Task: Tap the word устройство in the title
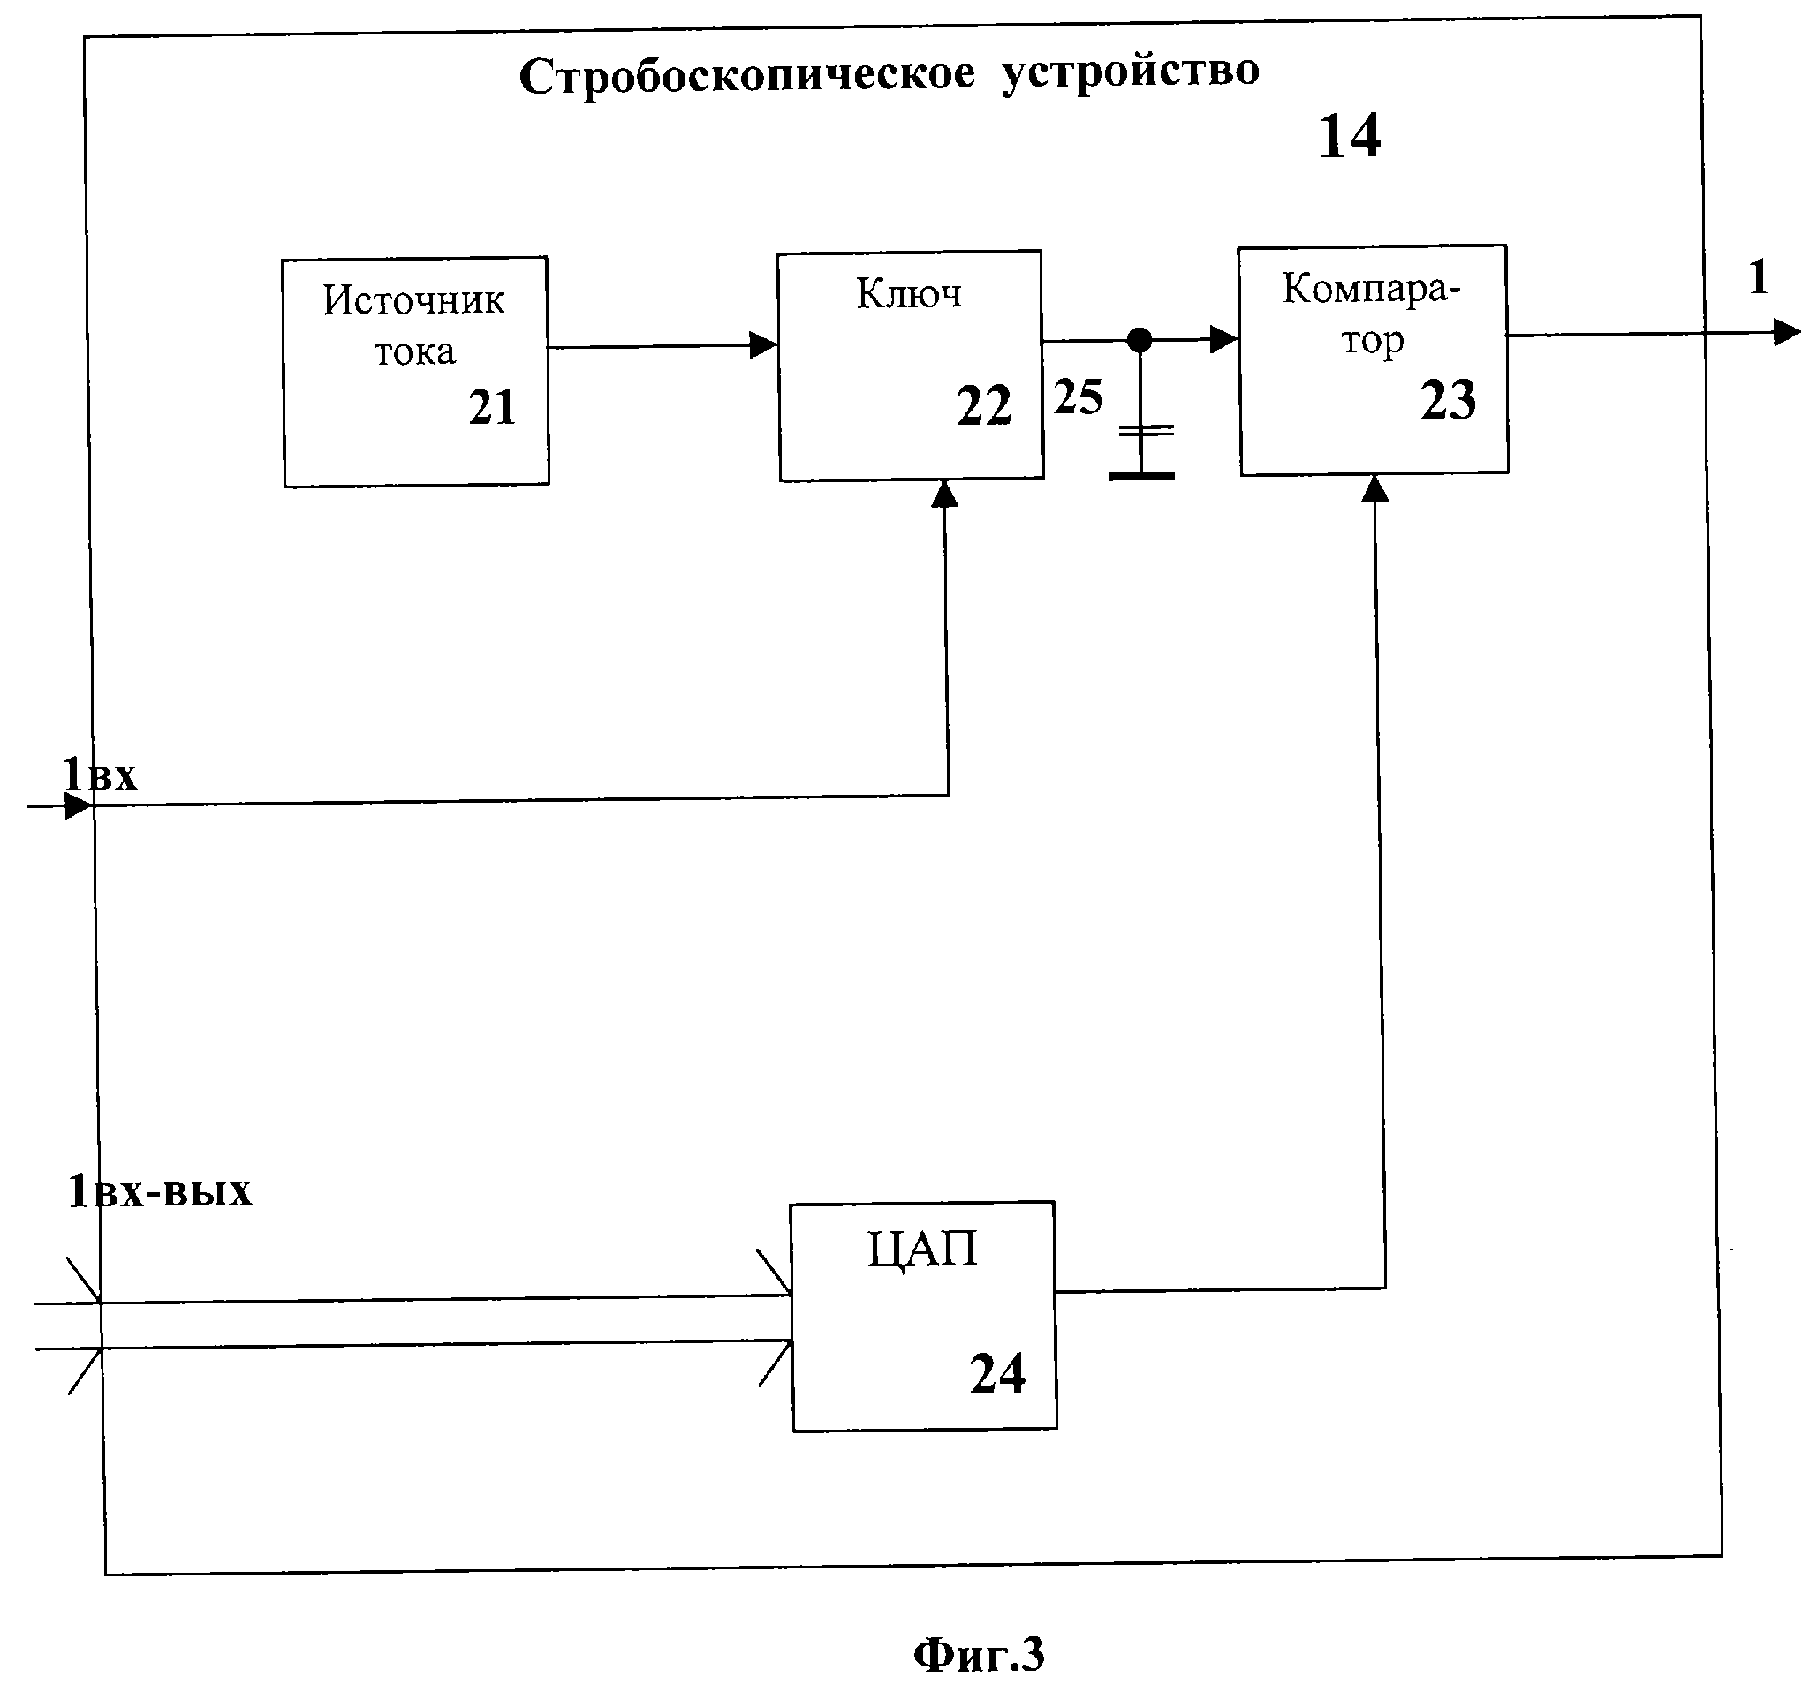click(x=1130, y=72)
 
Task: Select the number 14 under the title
click(x=1349, y=137)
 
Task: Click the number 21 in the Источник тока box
click(x=493, y=407)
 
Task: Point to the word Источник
click(x=413, y=300)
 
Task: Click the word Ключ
click(x=908, y=294)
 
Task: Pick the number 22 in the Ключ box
click(x=984, y=406)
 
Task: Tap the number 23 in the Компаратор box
click(x=1448, y=400)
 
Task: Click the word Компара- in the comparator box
click(x=1371, y=289)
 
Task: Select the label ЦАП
click(x=922, y=1250)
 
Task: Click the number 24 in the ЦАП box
click(x=997, y=1374)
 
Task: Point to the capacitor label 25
click(x=1079, y=397)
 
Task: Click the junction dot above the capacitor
click(x=1139, y=341)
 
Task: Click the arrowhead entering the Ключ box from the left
click(x=763, y=345)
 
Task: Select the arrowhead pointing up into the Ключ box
click(x=944, y=495)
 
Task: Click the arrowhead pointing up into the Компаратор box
click(x=1374, y=489)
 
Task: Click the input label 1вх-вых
click(x=160, y=1192)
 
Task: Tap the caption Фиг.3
click(x=978, y=1655)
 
